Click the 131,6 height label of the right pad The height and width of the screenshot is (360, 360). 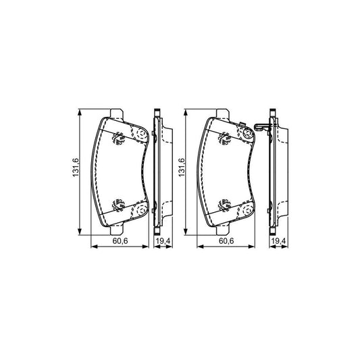click(182, 169)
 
